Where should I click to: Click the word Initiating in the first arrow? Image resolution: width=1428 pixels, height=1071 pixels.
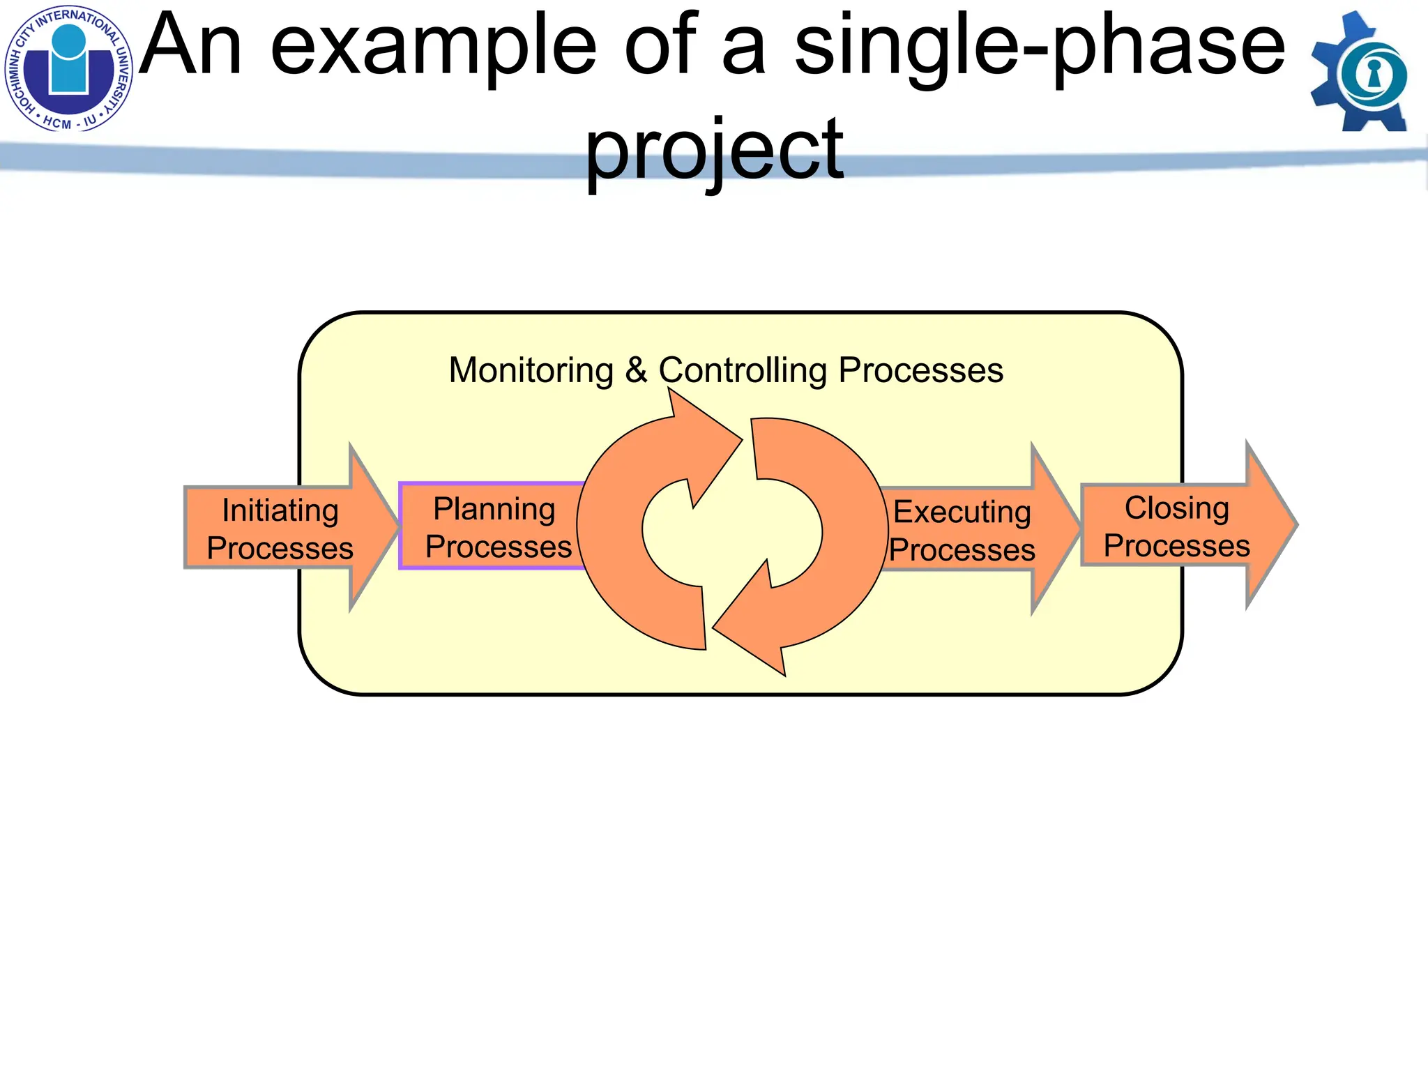[x=280, y=511]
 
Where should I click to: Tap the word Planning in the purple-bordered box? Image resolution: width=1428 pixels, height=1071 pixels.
[x=494, y=510]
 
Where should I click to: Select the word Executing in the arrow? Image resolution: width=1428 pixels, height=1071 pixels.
[x=962, y=512]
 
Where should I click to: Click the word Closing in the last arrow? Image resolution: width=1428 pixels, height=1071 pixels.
[x=1176, y=508]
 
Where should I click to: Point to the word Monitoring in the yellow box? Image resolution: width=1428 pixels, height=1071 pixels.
[x=531, y=370]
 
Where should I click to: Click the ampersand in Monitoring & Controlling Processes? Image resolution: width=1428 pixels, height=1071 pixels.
[x=636, y=370]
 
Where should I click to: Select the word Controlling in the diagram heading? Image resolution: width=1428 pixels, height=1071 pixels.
[x=743, y=370]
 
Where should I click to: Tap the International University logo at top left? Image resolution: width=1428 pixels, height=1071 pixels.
[x=68, y=68]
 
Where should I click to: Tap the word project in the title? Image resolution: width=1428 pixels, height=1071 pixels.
[x=714, y=150]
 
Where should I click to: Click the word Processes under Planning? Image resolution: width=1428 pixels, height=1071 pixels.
[x=499, y=547]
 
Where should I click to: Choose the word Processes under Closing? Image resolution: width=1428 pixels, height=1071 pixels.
[x=1176, y=546]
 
